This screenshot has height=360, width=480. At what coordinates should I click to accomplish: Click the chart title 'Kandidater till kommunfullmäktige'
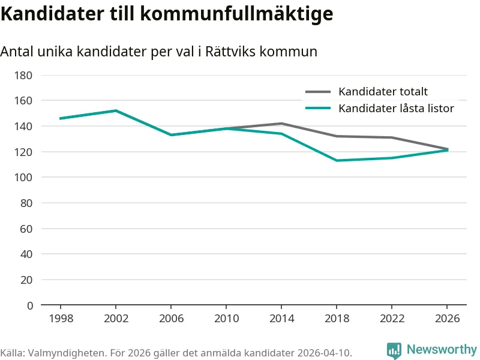167,14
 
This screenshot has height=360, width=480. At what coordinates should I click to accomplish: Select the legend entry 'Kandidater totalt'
383,92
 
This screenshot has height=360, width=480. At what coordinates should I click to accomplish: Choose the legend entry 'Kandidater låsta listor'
396,108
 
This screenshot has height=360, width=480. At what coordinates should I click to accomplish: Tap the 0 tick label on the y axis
29,305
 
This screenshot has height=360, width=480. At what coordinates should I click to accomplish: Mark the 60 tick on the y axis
26,229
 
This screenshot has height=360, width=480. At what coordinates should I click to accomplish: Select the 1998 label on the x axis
61,318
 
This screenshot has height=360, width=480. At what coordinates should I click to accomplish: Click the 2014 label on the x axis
281,318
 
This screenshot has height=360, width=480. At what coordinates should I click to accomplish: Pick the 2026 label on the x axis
447,318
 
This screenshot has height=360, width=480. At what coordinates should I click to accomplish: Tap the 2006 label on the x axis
171,318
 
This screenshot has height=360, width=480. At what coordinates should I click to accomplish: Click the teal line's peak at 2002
116,110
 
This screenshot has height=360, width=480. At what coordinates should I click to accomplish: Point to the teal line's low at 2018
337,160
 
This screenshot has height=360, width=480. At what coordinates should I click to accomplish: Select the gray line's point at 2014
281,124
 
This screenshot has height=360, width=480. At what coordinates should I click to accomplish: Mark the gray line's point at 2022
392,137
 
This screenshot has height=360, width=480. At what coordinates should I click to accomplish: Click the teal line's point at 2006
171,135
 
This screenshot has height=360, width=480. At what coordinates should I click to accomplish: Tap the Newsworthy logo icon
394,350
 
